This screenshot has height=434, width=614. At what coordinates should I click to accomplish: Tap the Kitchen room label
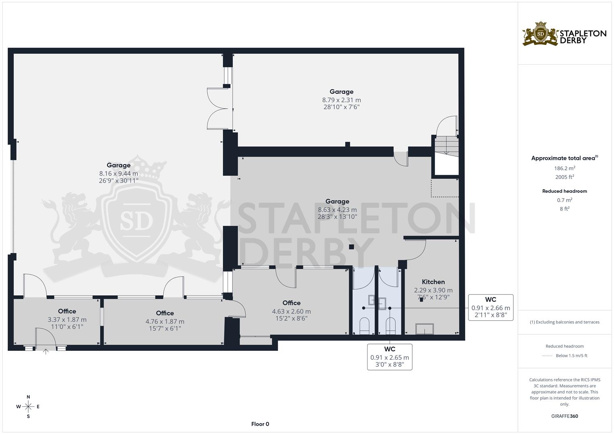433,282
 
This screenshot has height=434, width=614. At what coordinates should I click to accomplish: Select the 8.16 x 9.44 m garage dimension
119,174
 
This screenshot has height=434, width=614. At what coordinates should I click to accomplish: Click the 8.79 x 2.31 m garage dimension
341,100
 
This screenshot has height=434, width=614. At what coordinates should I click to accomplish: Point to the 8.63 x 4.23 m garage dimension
337,210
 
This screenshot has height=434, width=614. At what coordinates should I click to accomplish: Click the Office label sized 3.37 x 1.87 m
67,311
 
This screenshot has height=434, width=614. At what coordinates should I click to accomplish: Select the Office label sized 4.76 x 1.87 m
165,313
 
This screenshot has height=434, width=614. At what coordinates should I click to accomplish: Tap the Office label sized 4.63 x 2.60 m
291,303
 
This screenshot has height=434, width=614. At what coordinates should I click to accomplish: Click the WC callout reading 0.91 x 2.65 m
390,356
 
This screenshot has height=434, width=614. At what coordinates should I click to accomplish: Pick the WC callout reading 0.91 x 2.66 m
491,307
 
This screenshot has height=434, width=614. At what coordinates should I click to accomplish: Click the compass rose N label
28,397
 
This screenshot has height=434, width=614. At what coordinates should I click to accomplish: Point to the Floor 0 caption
260,424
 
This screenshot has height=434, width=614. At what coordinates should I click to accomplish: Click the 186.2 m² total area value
565,168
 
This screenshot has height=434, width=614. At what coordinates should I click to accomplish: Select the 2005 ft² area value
565,177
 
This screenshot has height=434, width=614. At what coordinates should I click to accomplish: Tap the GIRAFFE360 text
565,416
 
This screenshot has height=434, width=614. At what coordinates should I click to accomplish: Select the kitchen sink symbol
425,329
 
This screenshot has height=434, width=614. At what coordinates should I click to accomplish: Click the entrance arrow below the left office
46,352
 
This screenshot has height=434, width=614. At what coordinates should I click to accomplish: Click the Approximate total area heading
564,158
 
